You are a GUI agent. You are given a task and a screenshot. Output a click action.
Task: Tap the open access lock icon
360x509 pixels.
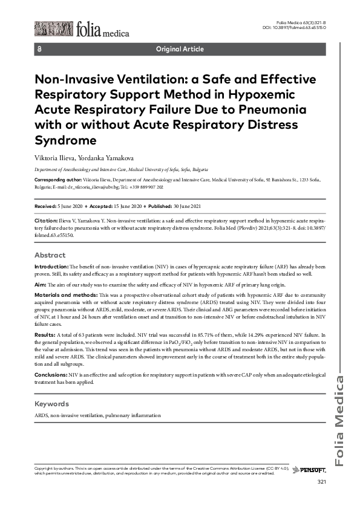(39, 49)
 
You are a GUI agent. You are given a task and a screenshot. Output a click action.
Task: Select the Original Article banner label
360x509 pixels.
(180, 49)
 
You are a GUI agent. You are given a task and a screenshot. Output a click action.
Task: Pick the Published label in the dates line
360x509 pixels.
(165, 206)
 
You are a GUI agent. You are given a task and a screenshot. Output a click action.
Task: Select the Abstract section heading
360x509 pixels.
(50, 255)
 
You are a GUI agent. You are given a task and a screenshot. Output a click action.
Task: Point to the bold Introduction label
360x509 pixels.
(51, 266)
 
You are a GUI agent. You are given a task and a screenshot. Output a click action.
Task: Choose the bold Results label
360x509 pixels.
(45, 334)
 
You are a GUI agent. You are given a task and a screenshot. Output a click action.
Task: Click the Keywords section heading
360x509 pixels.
(52, 403)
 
